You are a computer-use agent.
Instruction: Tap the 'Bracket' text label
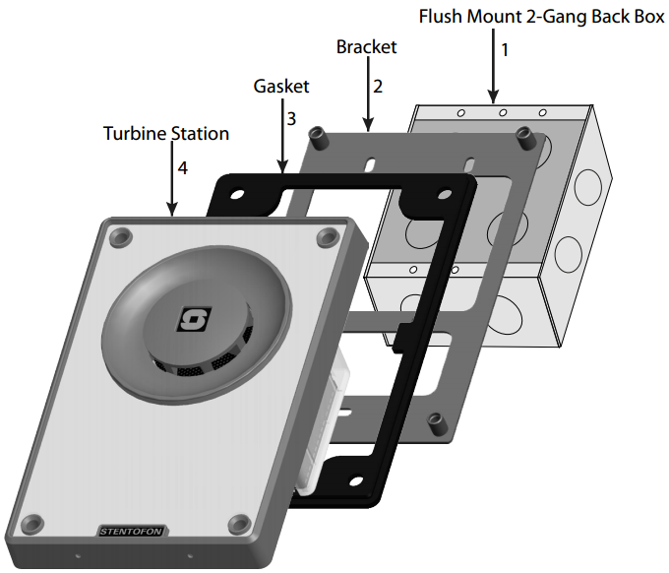pos(367,46)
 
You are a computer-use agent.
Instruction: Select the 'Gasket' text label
pos(281,86)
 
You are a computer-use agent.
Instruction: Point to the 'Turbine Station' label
pos(166,133)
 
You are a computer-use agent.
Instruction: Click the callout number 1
pos(505,48)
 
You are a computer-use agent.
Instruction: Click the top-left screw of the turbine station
pos(120,236)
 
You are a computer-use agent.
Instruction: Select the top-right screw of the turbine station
pos(327,236)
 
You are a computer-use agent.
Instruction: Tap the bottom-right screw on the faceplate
pos(237,523)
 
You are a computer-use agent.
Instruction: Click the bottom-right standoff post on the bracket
pos(433,424)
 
